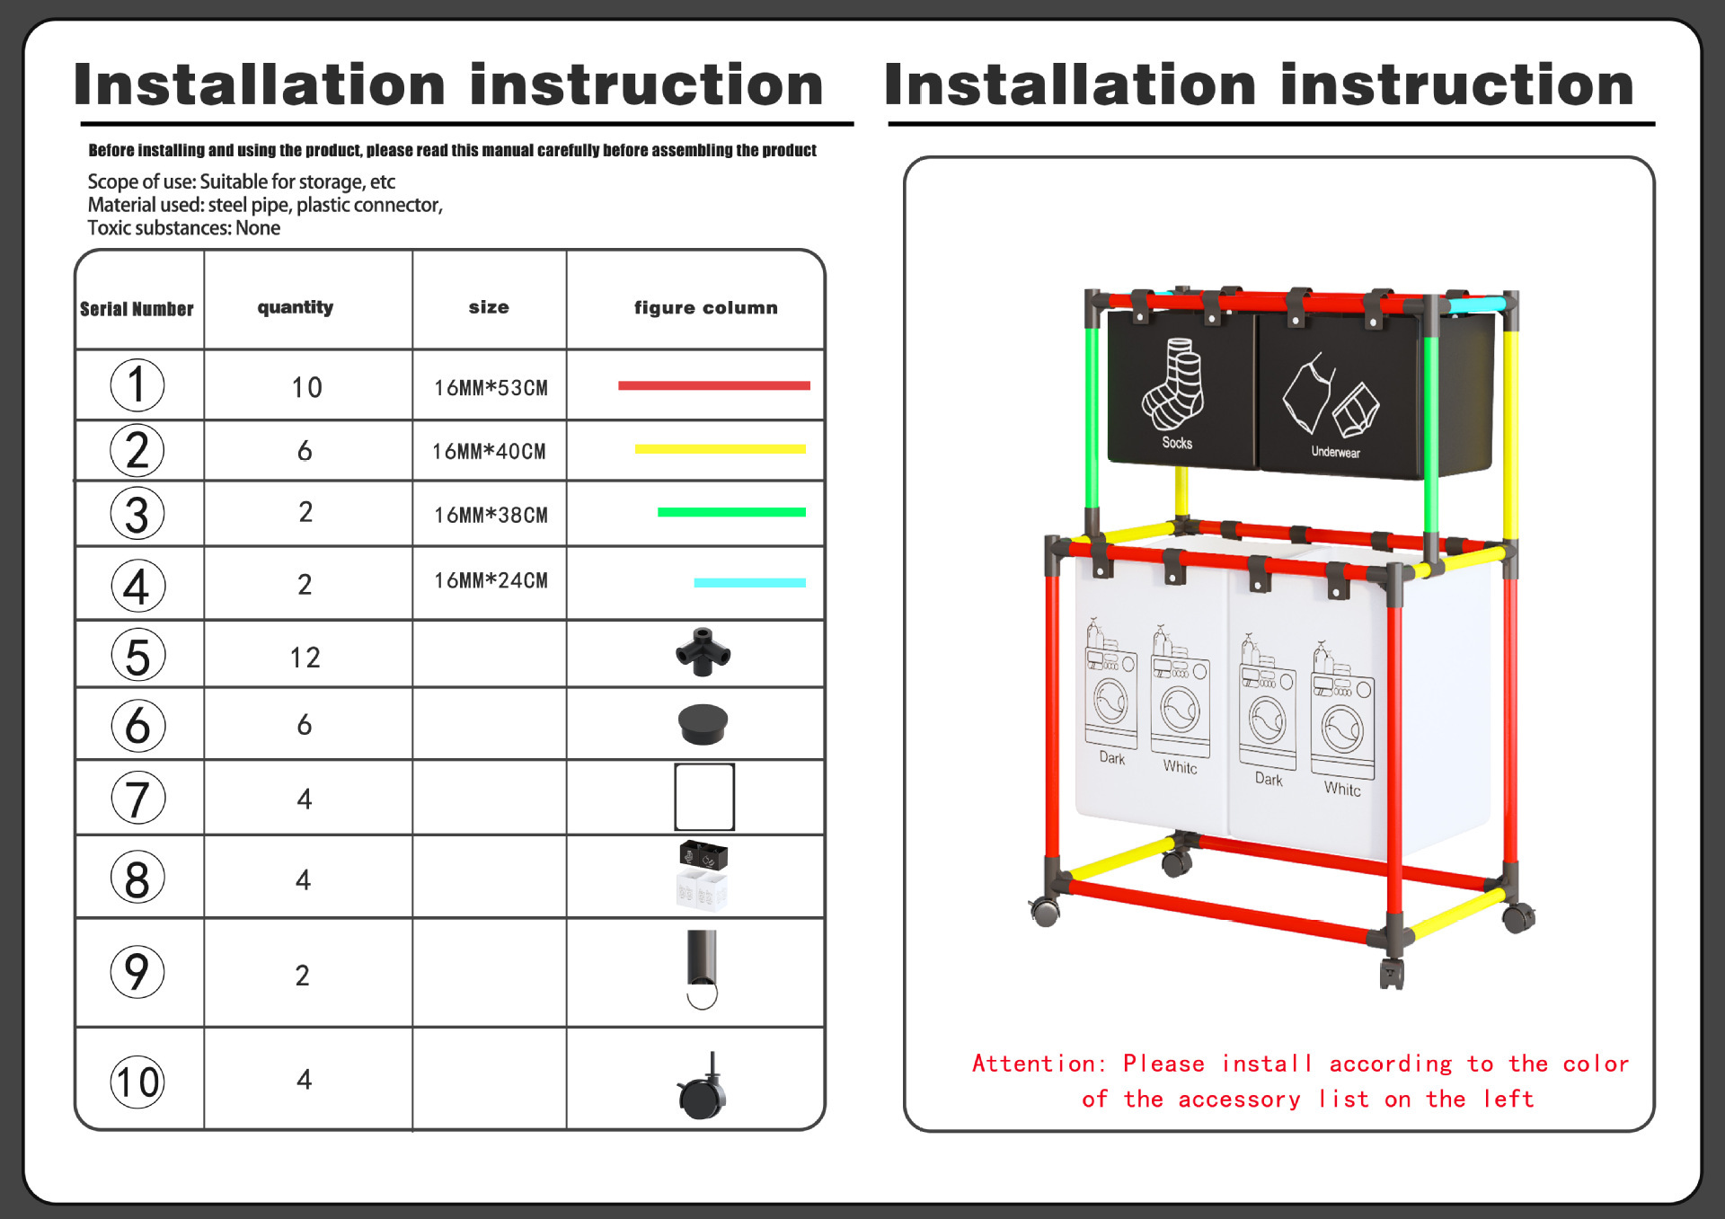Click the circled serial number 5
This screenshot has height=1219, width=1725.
click(137, 655)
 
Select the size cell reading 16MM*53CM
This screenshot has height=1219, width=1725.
click(491, 388)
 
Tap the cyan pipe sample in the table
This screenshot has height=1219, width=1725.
click(749, 583)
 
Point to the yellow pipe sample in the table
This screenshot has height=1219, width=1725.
click(720, 449)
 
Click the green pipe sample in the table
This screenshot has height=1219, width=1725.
click(731, 513)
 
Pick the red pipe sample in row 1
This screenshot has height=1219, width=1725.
click(713, 385)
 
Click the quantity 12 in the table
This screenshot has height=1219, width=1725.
click(305, 658)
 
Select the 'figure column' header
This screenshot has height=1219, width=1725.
click(705, 307)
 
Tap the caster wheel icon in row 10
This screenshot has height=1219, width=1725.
click(703, 1089)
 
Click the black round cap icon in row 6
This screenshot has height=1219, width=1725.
click(703, 724)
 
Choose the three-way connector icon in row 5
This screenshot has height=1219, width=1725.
click(703, 652)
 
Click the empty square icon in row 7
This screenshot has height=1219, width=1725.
click(703, 797)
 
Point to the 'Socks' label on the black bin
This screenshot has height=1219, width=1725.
click(1177, 443)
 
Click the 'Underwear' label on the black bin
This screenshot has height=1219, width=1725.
click(1335, 452)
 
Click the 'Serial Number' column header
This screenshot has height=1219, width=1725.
click(137, 309)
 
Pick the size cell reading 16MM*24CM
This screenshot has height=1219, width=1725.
click(491, 581)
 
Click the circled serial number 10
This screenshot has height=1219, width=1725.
click(137, 1082)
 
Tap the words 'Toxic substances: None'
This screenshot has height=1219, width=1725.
click(183, 228)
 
